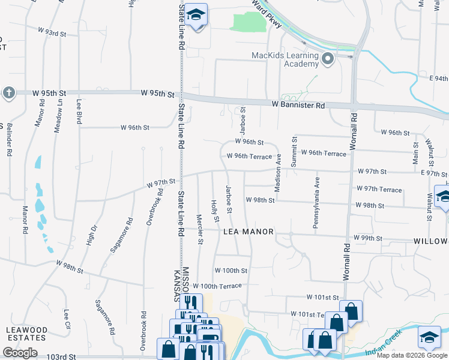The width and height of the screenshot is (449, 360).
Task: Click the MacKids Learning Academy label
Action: pos(285,59)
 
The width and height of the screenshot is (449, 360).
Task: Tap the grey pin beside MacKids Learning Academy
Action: pos(328,59)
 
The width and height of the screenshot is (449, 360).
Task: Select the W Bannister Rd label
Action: pos(298,105)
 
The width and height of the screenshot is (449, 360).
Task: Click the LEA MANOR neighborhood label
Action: pos(249,232)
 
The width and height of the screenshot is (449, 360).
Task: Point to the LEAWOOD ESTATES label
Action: pos(26,334)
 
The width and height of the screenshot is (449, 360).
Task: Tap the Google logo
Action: pos(20,353)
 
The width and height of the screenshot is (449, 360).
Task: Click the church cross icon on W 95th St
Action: pos(8,92)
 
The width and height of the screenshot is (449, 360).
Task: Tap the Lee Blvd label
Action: pos(79,111)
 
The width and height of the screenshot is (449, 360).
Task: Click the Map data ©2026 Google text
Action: pos(412,355)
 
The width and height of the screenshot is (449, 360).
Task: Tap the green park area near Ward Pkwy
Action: pos(249,22)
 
